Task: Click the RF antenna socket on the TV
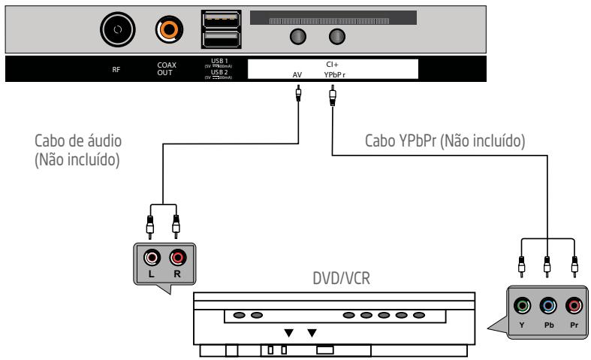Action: [x=118, y=29]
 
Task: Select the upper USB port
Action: [x=222, y=19]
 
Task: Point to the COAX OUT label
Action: [x=167, y=68]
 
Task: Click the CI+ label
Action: [x=331, y=65]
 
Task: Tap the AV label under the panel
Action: [x=299, y=74]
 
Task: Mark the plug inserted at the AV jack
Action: [x=299, y=95]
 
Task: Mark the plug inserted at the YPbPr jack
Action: [x=331, y=95]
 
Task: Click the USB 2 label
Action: [x=222, y=72]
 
